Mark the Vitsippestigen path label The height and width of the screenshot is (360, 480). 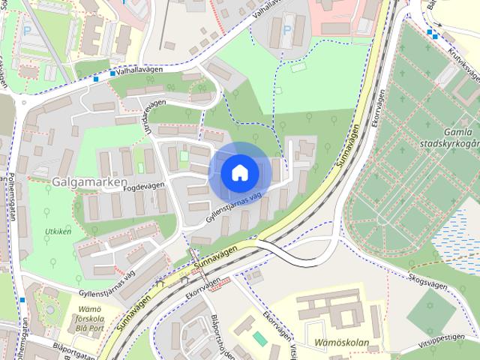(x=446, y=338)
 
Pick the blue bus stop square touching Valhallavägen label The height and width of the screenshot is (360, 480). (x=112, y=73)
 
